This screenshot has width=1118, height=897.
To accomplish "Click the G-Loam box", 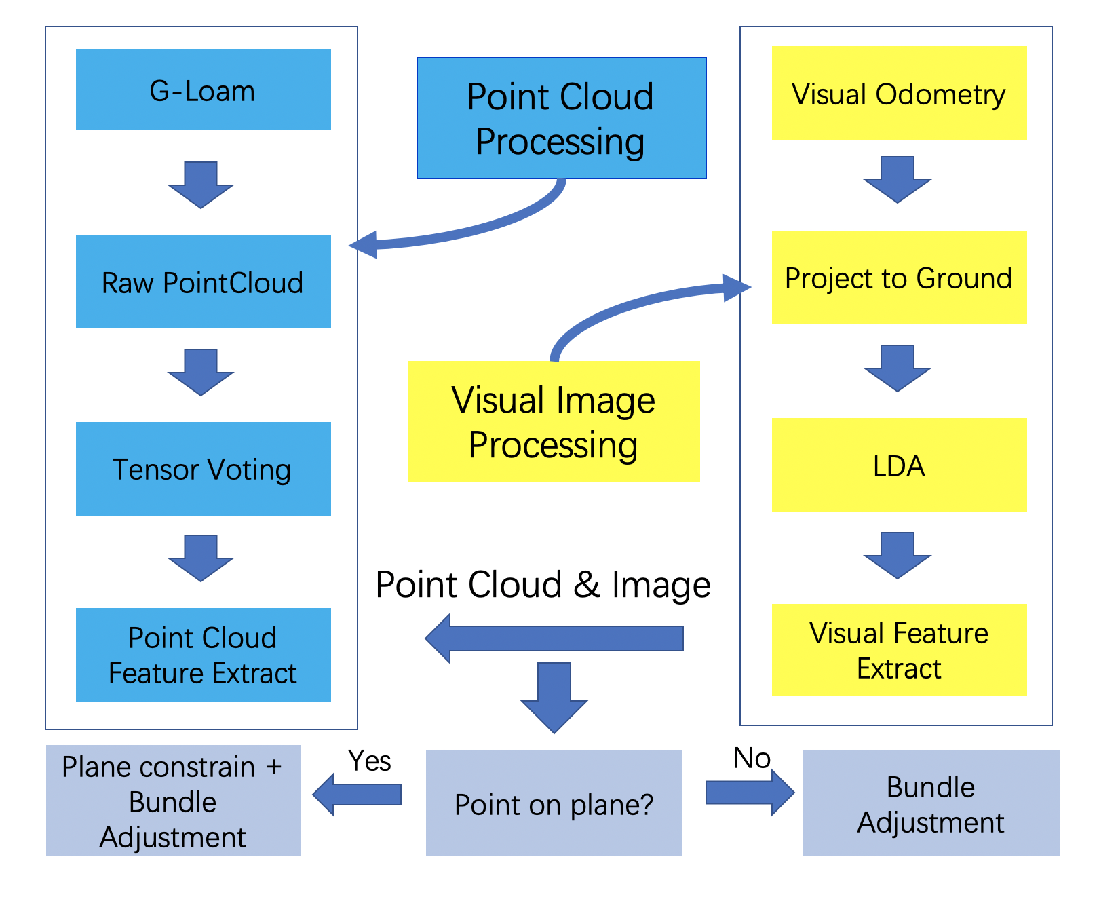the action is click(204, 90).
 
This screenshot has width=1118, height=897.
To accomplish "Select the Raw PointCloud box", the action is click(204, 282).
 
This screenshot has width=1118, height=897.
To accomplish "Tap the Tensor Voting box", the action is click(204, 469).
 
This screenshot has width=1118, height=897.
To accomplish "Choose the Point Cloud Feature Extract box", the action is click(204, 655).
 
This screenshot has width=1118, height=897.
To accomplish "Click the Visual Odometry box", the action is click(899, 93).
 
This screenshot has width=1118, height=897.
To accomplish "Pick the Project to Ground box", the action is click(899, 278).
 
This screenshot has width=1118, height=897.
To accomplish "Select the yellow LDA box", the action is click(899, 465).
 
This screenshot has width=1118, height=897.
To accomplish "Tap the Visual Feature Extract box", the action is click(899, 650).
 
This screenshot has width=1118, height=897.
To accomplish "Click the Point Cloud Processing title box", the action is click(562, 118).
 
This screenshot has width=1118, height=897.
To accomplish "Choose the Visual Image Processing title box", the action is click(554, 421).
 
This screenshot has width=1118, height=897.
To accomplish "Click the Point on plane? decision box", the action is click(554, 803).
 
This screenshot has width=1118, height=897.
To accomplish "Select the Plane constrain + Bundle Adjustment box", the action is click(174, 801).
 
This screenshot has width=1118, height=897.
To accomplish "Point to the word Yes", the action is click(370, 761).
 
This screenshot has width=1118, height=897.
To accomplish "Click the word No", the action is click(752, 758).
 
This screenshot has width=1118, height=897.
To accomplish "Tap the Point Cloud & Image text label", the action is click(543, 585).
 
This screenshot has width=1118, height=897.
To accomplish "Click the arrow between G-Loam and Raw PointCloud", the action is click(201, 185).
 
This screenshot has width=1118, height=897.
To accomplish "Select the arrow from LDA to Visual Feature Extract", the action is click(898, 555).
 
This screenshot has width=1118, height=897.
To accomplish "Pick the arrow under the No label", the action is click(750, 792).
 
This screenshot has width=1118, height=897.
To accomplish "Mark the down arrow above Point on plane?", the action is click(554, 698).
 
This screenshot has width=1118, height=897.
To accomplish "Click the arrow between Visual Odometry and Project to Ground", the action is click(898, 180).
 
